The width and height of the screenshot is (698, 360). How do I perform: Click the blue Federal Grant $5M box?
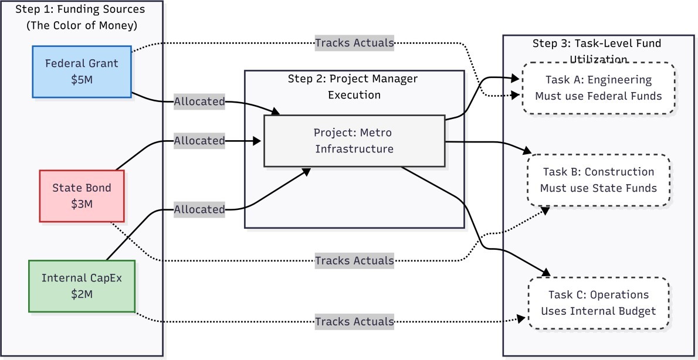(x=82, y=72)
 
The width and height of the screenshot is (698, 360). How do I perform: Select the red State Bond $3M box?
(x=82, y=196)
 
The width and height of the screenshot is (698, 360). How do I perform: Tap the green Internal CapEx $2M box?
(x=82, y=286)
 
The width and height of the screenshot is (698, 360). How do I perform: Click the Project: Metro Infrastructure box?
(x=354, y=141)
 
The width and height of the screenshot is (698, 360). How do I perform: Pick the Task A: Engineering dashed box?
(x=598, y=87)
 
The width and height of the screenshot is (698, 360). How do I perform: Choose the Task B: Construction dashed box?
(x=598, y=180)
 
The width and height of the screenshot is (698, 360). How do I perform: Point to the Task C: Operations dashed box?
(x=598, y=303)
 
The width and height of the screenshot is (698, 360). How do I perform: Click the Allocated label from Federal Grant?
(x=199, y=101)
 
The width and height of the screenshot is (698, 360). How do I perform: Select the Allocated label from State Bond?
(x=199, y=141)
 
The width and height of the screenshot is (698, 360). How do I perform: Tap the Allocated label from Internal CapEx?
(x=199, y=209)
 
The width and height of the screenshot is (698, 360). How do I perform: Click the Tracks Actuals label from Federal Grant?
(x=354, y=42)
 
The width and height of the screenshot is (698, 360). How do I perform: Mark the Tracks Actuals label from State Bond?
(x=354, y=260)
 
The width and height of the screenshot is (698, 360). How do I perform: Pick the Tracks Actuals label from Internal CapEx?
(x=354, y=321)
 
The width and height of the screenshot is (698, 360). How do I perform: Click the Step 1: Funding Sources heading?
(x=82, y=10)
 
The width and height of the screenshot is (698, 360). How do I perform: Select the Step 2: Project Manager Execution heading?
(x=354, y=86)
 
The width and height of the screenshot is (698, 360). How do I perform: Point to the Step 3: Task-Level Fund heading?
(x=597, y=44)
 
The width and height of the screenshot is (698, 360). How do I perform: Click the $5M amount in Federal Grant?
(x=82, y=79)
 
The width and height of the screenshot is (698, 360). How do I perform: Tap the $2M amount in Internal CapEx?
(x=82, y=294)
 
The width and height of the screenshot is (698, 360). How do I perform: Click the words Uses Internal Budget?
(x=598, y=311)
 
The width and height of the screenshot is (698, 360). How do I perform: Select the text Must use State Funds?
(x=598, y=188)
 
